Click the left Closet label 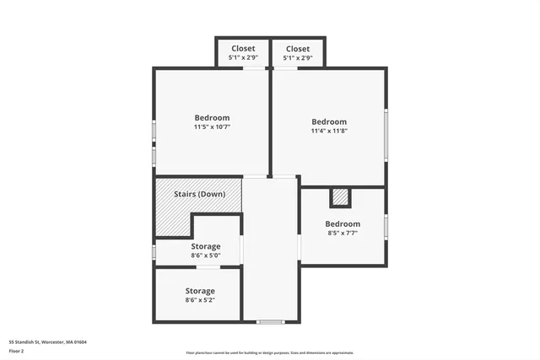pos(243,49)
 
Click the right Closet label pos(297,49)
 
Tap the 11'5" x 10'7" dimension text pos(212,126)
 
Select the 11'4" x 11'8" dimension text pos(329,131)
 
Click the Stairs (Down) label pos(200,194)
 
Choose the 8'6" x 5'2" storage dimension pos(200,299)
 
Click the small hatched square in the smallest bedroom pos(340,197)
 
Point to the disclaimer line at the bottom pos(270,352)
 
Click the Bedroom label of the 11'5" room pos(212,118)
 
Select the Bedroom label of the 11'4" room pos(329,122)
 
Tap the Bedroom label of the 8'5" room pos(343,224)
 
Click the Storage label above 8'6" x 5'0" pos(205,247)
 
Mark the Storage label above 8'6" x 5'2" pos(200,291)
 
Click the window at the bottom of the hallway pos(270,321)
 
